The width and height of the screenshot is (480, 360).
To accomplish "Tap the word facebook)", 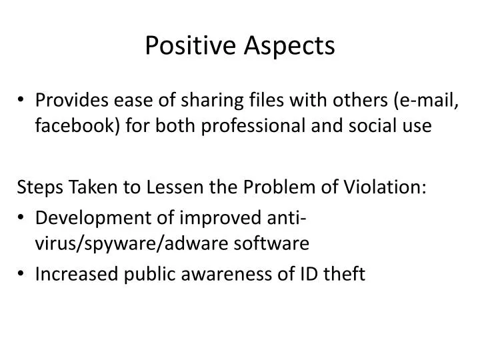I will pyautogui.click(x=77, y=126).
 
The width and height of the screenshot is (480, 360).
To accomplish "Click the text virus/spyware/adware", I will pyautogui.click(x=129, y=243).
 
